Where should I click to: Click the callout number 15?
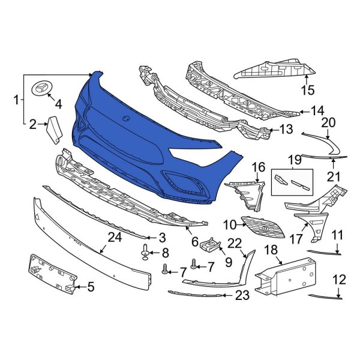(x=307, y=91)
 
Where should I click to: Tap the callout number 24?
(x=115, y=238)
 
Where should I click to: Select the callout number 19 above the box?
(x=293, y=160)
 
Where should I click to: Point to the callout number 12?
(x=339, y=279)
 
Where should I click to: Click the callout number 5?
(x=90, y=287)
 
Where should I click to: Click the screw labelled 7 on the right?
(x=193, y=263)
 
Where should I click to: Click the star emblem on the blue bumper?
(x=127, y=118)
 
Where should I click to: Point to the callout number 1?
(x=16, y=101)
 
